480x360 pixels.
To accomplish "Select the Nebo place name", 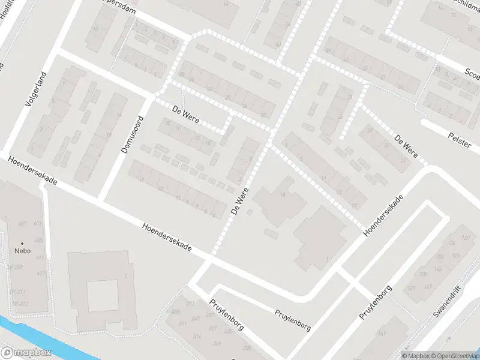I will (23, 251).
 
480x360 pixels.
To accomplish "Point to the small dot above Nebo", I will (23, 244).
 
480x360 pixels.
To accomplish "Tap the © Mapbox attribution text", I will (415, 356).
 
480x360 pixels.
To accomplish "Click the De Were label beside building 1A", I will (239, 202).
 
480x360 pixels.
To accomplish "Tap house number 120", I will (466, 238).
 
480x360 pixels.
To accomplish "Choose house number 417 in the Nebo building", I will (41, 273).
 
